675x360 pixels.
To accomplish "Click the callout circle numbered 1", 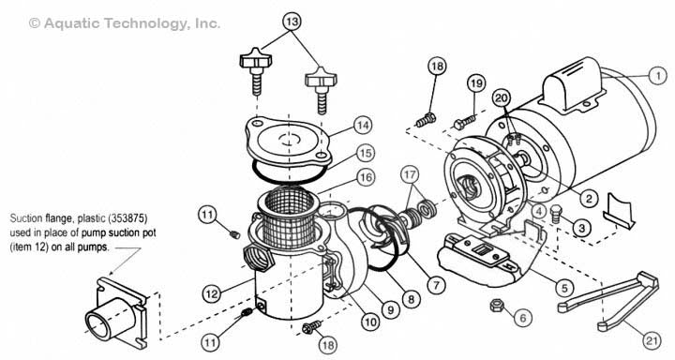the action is (657, 76).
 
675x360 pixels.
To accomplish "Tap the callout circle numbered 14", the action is (364, 126).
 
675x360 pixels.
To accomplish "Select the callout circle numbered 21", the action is (652, 341).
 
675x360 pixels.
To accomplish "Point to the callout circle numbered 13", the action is (292, 22).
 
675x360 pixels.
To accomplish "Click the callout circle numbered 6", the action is (522, 318).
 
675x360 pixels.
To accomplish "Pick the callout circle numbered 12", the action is (212, 294).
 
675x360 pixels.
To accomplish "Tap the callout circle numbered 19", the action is (475, 83).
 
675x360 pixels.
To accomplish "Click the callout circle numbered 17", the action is (412, 175).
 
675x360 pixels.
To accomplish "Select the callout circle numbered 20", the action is (501, 98).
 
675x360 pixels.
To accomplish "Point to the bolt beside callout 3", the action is (557, 213).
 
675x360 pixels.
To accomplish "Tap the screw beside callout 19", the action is (464, 121).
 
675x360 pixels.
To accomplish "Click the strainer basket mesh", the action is (289, 217).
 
